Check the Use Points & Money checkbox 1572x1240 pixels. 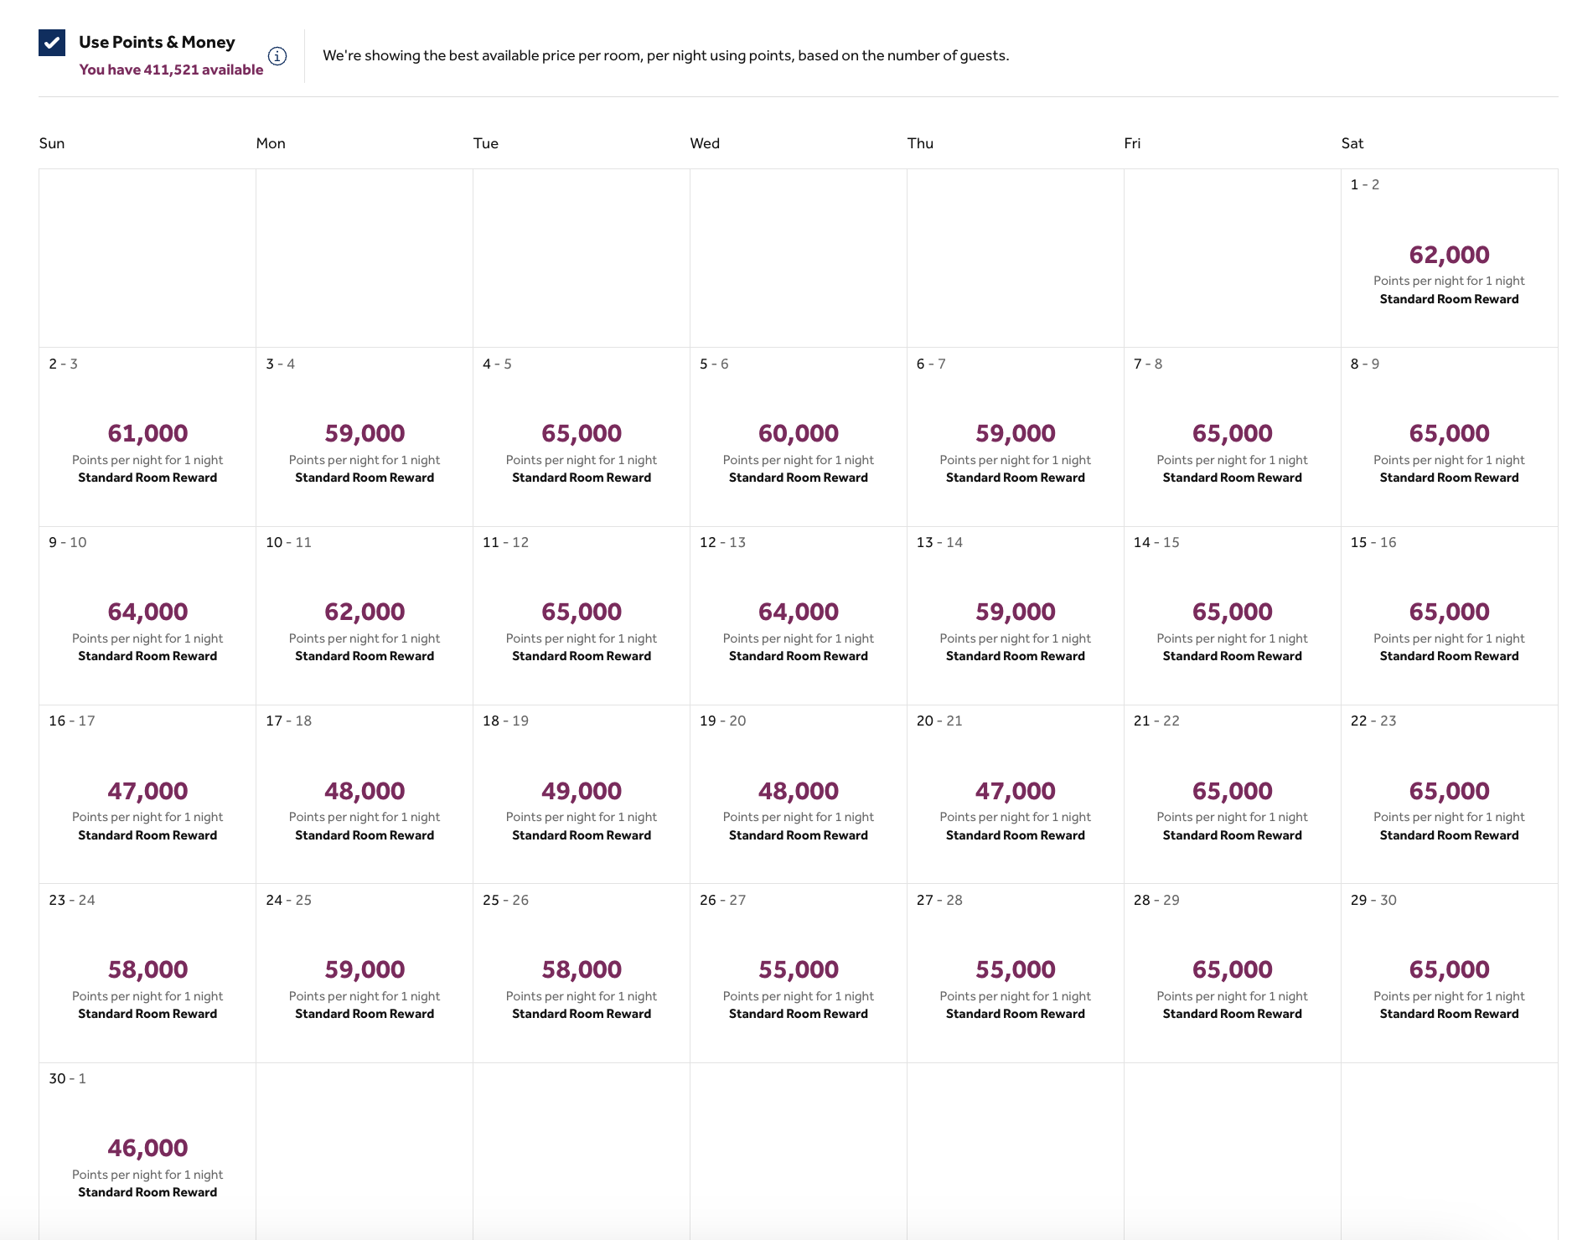[x=52, y=43]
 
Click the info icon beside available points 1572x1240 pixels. [x=277, y=56]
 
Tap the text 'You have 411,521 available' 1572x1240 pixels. [x=171, y=70]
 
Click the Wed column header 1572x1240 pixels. [x=705, y=143]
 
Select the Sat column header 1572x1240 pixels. [x=1352, y=143]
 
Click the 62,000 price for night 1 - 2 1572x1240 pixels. [x=1449, y=255]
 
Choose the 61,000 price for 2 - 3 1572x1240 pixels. [x=147, y=433]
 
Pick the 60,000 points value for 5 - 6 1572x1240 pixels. [x=798, y=433]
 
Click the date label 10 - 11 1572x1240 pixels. [x=288, y=542]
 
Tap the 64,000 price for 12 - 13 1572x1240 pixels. [x=798, y=612]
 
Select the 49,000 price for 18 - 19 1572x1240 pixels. [x=582, y=791]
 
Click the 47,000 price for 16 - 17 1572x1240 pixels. [x=147, y=791]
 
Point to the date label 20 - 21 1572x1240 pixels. [x=939, y=721]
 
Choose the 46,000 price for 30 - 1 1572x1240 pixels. [x=147, y=1148]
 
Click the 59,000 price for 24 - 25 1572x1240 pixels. [x=365, y=969]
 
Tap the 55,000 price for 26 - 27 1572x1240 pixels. [x=798, y=969]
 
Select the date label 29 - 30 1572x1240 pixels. [x=1373, y=900]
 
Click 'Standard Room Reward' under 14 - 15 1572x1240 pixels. [x=1232, y=656]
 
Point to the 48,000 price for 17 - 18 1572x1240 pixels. [x=365, y=791]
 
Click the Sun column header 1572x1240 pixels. [x=52, y=143]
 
